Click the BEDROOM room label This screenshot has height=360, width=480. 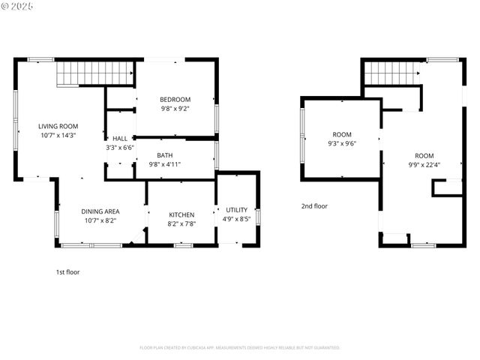(175, 100)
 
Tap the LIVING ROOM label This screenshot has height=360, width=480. (58, 126)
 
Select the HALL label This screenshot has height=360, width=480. (120, 139)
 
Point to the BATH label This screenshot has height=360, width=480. (165, 155)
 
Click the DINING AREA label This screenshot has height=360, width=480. (100, 211)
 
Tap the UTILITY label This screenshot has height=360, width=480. (237, 210)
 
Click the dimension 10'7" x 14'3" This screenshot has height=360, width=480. (58, 135)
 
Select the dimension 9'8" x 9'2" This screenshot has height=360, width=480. (175, 109)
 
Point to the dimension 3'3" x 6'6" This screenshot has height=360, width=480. (120, 148)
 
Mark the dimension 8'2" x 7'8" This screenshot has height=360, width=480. (181, 223)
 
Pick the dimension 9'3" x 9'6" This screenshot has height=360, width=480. (342, 143)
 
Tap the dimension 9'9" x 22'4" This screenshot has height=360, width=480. (424, 164)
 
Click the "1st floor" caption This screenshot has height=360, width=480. (67, 272)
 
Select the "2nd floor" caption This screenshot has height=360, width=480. (314, 205)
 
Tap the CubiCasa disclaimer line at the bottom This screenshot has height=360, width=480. (240, 348)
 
